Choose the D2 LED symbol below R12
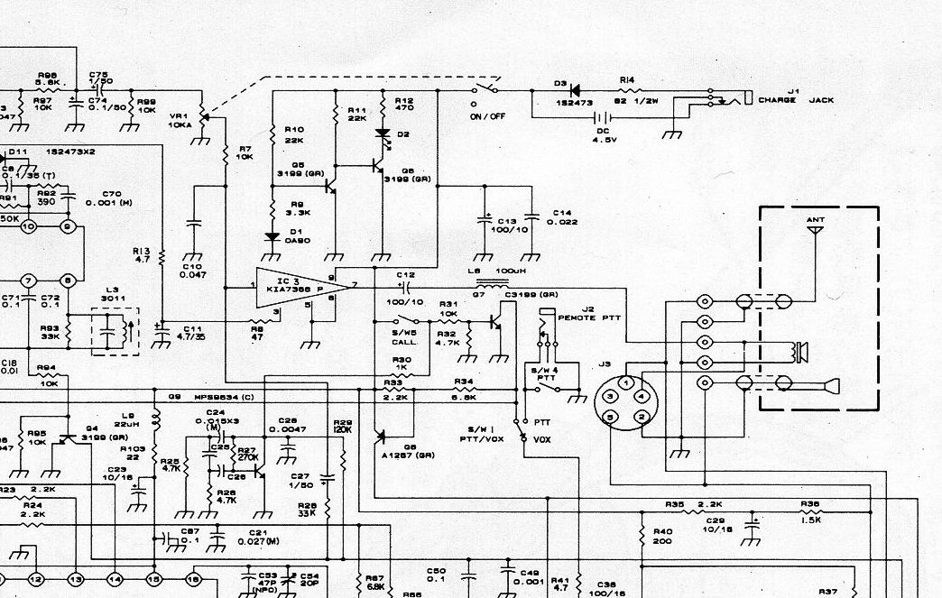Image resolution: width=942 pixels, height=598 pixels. [383, 136]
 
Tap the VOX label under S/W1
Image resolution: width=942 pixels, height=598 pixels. [542, 439]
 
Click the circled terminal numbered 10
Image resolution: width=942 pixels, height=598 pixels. [28, 226]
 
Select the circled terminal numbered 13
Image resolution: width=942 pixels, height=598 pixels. [75, 578]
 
